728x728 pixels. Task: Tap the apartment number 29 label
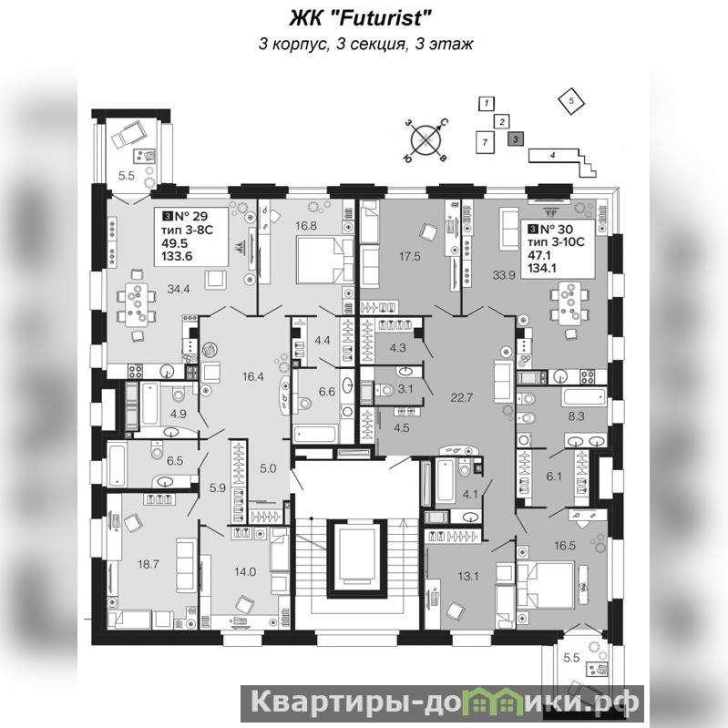tap(190, 216)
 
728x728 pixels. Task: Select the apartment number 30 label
tap(556, 229)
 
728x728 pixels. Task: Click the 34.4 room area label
tap(179, 289)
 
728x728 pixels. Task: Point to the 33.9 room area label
tap(504, 275)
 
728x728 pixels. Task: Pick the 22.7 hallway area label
tap(462, 397)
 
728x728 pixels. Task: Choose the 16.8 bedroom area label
tap(306, 226)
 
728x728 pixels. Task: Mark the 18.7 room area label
tap(149, 564)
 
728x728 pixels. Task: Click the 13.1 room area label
tap(468, 576)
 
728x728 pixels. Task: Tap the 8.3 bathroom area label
tap(576, 416)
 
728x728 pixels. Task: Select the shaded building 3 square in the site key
tap(516, 138)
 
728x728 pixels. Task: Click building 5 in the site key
tap(571, 101)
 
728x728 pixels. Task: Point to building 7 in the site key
tap(485, 141)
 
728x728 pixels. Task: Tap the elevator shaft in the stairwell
tap(357, 559)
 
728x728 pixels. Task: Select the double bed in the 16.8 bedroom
tap(321, 260)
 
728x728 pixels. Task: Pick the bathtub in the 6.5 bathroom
tap(117, 465)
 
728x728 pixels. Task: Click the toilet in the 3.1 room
tap(384, 390)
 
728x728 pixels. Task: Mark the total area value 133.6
tap(177, 256)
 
